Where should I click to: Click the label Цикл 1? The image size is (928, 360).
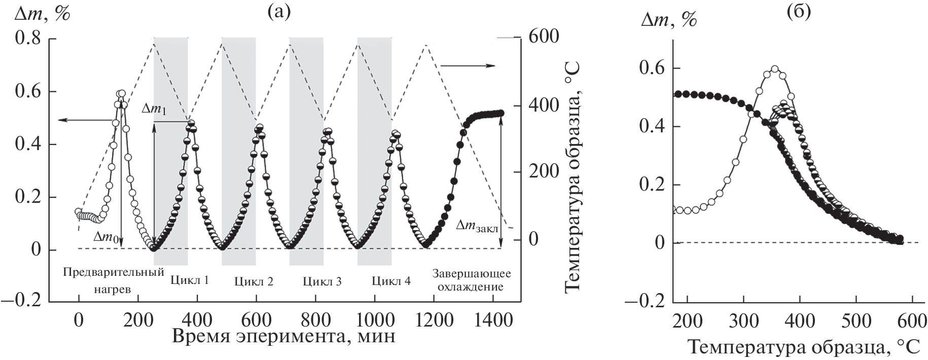190,280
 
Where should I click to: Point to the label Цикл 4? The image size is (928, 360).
391,281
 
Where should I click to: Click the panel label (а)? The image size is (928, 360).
279,11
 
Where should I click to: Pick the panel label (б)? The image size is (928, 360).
799,11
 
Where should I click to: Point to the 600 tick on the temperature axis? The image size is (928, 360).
544,37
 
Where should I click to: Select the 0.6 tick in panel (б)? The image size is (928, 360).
652,68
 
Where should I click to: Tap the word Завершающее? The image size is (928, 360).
472,274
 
